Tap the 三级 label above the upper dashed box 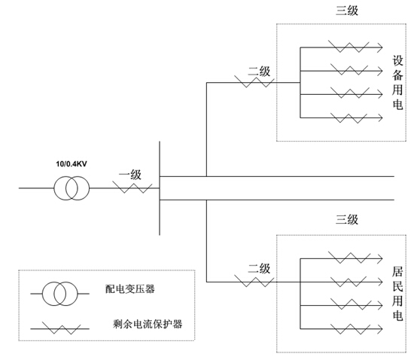pyautogui.click(x=346, y=11)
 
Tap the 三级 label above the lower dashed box pyautogui.click(x=346, y=221)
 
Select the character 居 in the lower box pyautogui.click(x=398, y=269)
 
